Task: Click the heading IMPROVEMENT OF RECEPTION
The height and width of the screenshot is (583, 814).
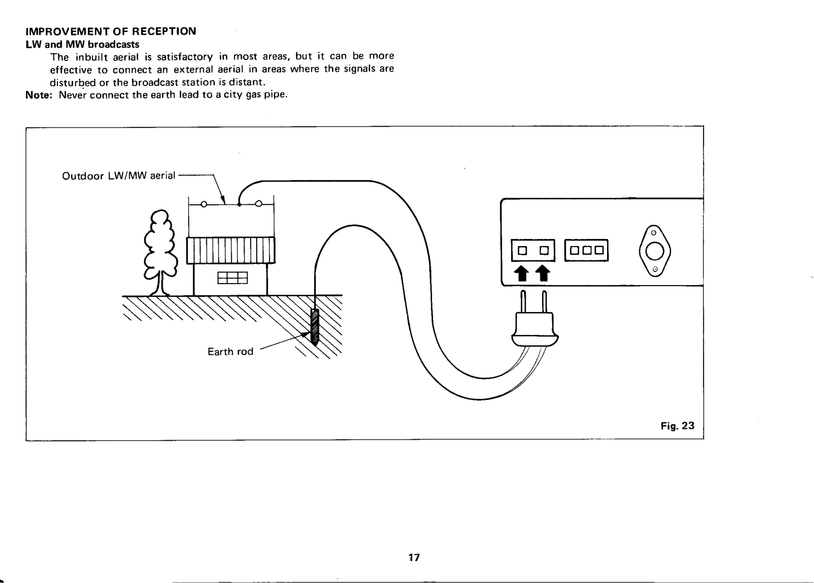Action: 110,31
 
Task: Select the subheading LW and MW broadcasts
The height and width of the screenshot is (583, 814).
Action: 82,44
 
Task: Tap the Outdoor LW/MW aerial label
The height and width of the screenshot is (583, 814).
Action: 118,176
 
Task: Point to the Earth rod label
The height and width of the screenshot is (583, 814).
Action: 230,352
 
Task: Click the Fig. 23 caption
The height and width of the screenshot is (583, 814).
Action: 677,426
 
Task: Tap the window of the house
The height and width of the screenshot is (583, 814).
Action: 232,278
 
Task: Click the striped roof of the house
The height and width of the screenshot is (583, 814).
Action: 231,250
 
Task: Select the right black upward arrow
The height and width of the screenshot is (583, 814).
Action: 544,273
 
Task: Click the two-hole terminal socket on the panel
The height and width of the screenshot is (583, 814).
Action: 533,250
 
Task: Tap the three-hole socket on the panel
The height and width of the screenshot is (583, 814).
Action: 586,250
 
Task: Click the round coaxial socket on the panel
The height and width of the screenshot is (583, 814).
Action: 655,251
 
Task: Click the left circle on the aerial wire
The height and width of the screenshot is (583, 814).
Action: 203,205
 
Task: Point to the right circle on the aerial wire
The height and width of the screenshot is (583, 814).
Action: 258,205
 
